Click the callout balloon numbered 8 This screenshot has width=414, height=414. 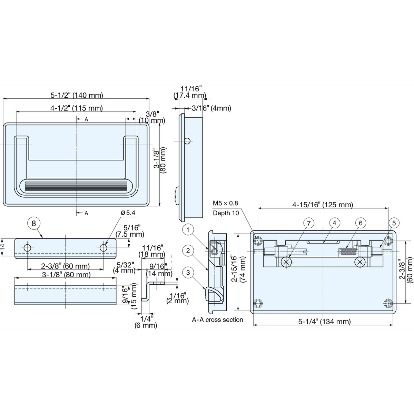34,224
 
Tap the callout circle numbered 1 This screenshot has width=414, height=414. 188,230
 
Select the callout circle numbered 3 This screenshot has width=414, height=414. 188,273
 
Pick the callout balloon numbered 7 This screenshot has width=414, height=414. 309,223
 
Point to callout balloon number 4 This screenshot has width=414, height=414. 334,223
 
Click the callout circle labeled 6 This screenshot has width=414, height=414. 361,223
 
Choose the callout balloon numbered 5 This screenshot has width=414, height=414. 394,223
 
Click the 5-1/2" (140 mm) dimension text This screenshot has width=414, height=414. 77,95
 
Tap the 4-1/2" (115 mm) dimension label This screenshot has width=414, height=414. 77,108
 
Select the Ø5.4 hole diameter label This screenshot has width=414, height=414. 128,213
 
